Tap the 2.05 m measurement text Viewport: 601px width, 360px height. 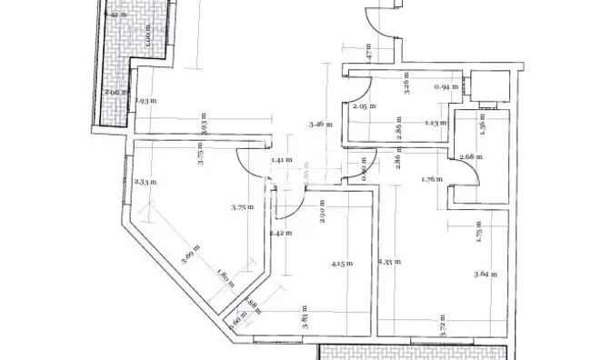pyautogui.click(x=361, y=106)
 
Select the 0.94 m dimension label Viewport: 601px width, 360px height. pyautogui.click(x=445, y=87)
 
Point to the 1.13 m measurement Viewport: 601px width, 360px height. pyautogui.click(x=435, y=123)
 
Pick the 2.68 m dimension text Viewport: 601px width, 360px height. pyautogui.click(x=471, y=156)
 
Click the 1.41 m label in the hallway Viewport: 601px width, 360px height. pyautogui.click(x=281, y=160)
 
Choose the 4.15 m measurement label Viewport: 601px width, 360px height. pyautogui.click(x=342, y=264)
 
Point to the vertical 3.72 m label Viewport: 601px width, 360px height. pyautogui.click(x=443, y=331)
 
